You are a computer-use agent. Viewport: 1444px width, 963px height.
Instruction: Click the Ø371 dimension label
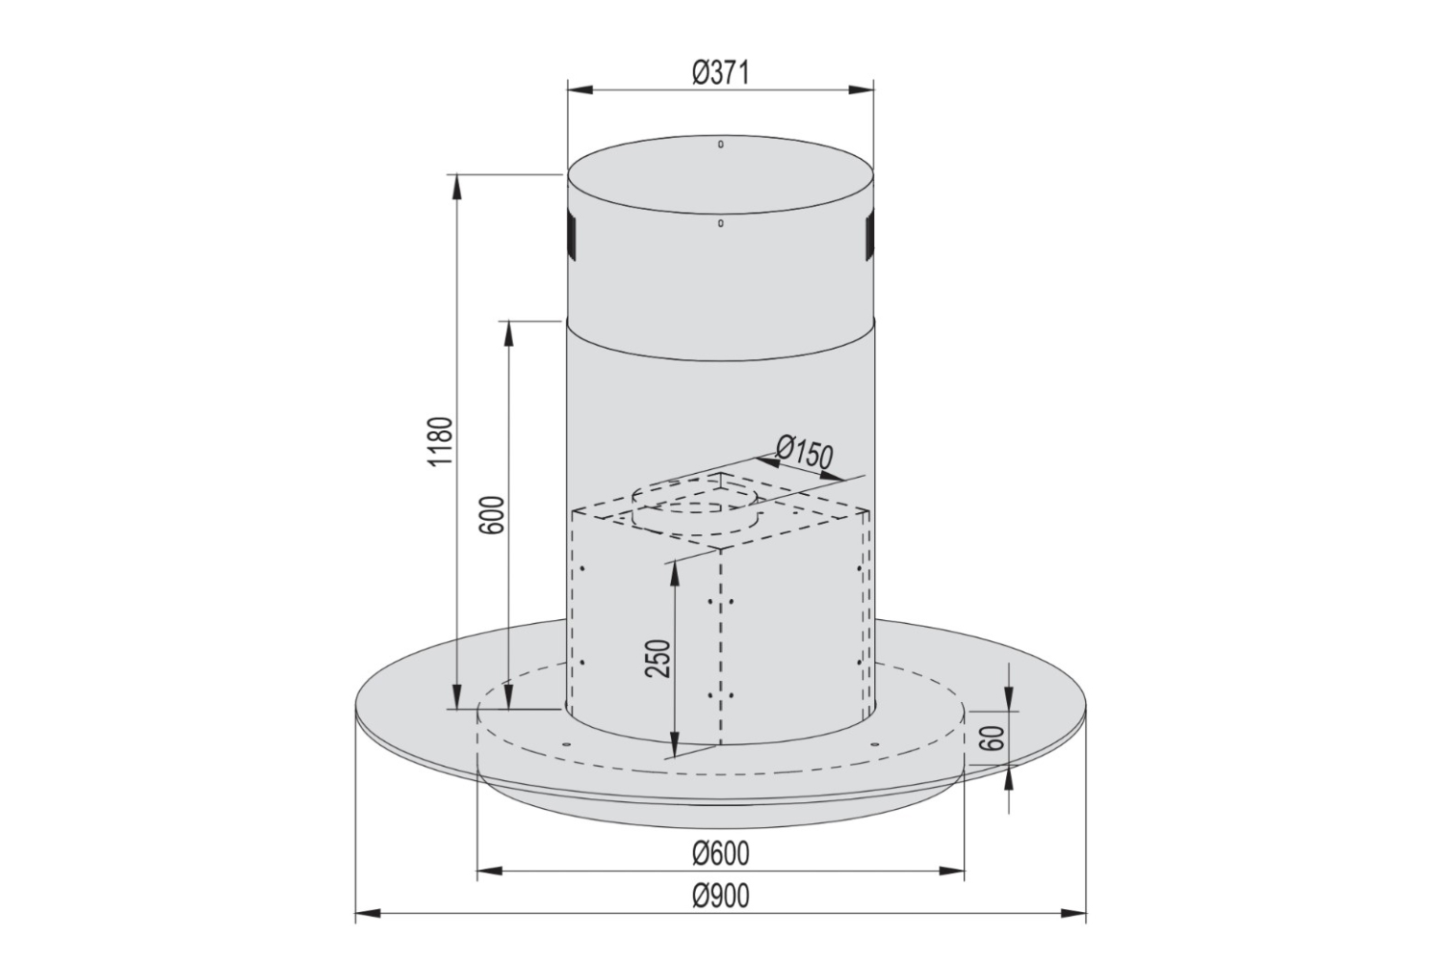pyautogui.click(x=720, y=72)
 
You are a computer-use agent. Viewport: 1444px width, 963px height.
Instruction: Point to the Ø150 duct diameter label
pyautogui.click(x=803, y=452)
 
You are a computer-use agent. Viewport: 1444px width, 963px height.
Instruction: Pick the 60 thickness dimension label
pyautogui.click(x=995, y=738)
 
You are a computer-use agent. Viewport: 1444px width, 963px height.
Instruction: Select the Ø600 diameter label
pyautogui.click(x=720, y=853)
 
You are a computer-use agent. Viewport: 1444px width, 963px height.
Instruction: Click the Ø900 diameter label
pyautogui.click(x=720, y=896)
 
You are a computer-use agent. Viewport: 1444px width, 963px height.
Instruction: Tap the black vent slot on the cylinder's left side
pyautogui.click(x=569, y=236)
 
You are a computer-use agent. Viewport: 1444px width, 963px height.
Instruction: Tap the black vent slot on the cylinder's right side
pyautogui.click(x=870, y=236)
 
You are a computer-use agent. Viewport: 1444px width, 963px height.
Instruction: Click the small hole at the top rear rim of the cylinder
pyautogui.click(x=720, y=145)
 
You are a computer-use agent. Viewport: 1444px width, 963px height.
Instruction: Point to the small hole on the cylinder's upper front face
pyautogui.click(x=720, y=223)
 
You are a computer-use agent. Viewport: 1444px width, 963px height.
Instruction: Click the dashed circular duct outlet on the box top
pyautogui.click(x=693, y=508)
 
